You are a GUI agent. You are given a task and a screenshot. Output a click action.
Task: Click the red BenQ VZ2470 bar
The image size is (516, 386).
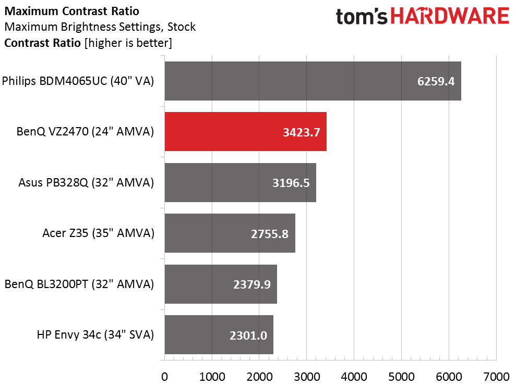[245, 132]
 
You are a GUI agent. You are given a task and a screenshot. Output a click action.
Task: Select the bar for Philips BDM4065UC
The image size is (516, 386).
[313, 81]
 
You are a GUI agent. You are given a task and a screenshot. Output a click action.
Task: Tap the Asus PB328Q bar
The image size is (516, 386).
[240, 182]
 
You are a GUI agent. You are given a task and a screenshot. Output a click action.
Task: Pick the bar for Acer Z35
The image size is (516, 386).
[230, 233]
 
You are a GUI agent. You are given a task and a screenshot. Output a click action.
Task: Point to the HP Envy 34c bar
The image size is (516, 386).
[219, 335]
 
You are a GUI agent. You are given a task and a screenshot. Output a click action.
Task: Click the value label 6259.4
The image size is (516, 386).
[436, 81]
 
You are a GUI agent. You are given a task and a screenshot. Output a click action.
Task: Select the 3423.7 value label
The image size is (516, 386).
[302, 132]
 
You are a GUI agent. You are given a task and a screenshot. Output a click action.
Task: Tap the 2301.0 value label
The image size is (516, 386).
[248, 335]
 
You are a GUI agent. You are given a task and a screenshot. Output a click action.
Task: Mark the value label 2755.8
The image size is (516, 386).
[270, 233]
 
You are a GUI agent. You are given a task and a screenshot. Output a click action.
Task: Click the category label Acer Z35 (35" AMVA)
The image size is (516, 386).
[98, 233]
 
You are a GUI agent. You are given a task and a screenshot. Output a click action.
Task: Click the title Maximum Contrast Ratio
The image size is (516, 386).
[71, 10]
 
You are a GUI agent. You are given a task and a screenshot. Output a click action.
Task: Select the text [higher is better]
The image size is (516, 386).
[127, 43]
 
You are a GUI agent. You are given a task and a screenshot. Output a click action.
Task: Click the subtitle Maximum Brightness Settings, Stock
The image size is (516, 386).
[100, 27]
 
